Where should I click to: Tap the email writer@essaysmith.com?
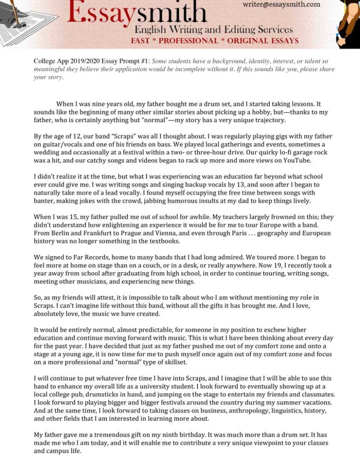click(281, 4)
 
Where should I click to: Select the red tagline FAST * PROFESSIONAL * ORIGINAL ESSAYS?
click(215, 41)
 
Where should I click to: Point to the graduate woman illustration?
click(349, 23)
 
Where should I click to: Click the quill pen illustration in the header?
click(14, 12)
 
